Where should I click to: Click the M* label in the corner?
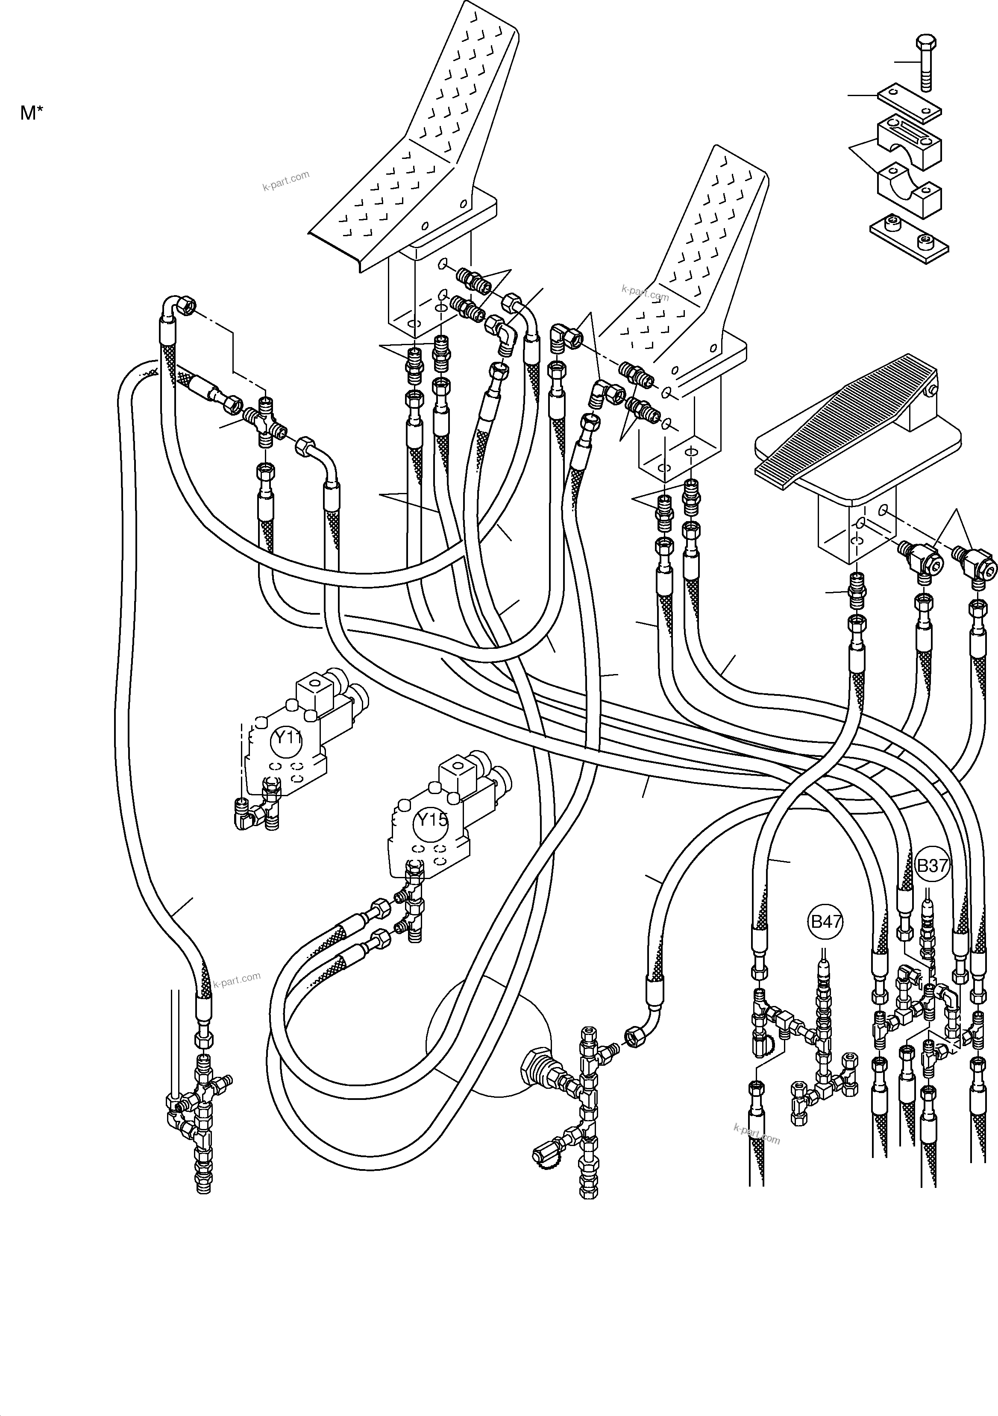(32, 113)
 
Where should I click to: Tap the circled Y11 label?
(288, 738)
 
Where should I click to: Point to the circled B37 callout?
(931, 865)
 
